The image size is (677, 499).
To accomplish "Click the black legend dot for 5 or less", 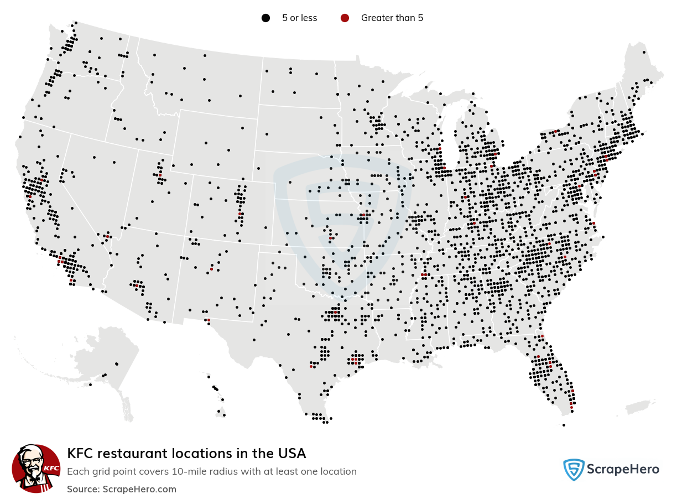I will (x=266, y=18).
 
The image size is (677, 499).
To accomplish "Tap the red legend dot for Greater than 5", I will (x=345, y=18).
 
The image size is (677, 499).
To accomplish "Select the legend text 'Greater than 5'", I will (x=392, y=18).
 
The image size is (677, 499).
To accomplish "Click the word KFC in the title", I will (x=80, y=454).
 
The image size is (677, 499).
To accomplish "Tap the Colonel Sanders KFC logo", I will (x=36, y=468).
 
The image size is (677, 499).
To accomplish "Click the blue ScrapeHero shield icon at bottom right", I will (x=574, y=470).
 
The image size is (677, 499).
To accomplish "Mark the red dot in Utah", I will (x=160, y=175).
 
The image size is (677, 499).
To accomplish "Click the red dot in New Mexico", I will (x=211, y=269).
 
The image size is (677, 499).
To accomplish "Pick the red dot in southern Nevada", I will (x=107, y=237).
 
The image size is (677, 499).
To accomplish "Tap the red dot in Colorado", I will (x=239, y=213).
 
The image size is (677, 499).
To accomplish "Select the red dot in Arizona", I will (x=137, y=285).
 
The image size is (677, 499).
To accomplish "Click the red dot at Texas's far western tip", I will (x=209, y=320).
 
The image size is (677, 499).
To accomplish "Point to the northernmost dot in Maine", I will (x=644, y=52).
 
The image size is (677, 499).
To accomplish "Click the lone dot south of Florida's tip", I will (x=564, y=425).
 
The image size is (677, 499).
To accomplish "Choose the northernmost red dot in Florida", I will (x=542, y=336).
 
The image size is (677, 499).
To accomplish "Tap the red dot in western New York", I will (x=555, y=131).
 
